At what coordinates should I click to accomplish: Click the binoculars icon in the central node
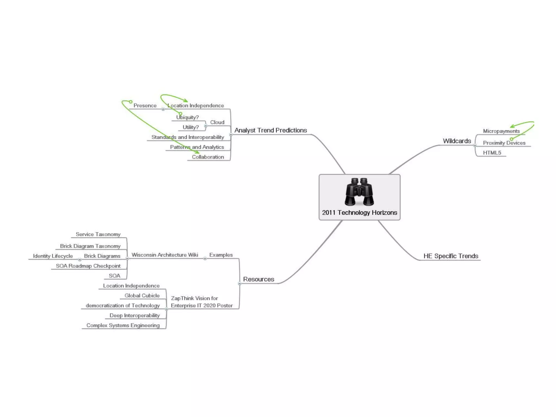(359, 192)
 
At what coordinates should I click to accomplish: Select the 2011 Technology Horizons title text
(359, 213)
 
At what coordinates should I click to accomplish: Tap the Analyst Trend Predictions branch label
(271, 130)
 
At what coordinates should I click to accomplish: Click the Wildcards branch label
(457, 141)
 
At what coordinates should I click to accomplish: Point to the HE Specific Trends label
(451, 256)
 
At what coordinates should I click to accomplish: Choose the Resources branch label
(258, 279)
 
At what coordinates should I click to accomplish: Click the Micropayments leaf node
(501, 131)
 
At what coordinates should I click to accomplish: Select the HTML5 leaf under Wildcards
(492, 153)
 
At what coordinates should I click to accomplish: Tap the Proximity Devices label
(504, 143)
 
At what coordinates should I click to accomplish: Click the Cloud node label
(217, 122)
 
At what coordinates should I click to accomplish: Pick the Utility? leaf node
(191, 127)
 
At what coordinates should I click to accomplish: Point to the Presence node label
(145, 105)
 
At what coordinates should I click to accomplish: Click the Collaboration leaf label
(208, 157)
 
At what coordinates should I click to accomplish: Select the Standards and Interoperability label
(188, 137)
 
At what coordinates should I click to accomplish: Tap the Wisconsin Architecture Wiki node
(165, 255)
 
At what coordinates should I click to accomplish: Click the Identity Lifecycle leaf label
(53, 256)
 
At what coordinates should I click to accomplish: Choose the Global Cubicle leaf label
(142, 295)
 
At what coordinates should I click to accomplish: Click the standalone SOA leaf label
(115, 276)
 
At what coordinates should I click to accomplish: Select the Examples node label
(221, 255)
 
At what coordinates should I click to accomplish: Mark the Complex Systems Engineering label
(123, 325)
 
